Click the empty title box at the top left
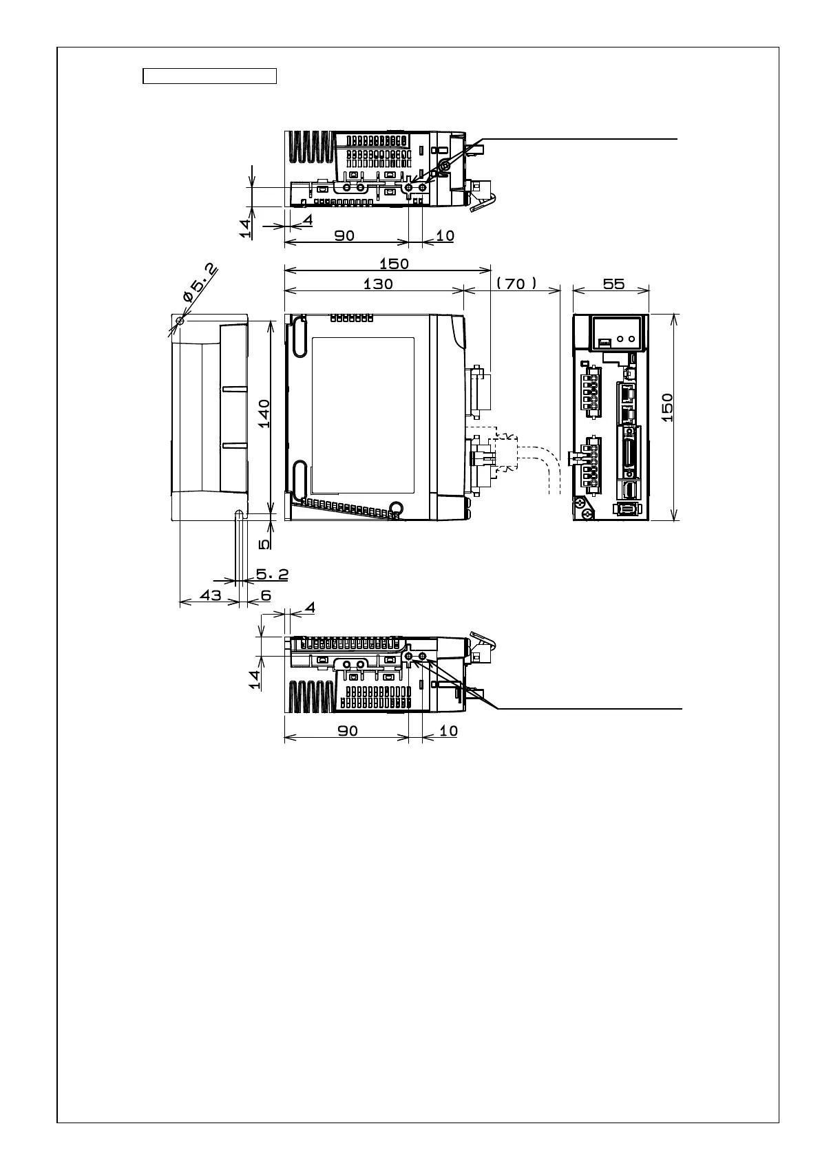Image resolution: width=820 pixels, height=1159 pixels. (209, 76)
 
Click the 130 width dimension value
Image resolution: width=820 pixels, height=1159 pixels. (378, 284)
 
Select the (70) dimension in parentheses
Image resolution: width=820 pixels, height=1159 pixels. (516, 284)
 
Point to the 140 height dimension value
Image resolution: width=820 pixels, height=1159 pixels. (264, 414)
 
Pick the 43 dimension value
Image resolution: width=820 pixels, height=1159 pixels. (210, 595)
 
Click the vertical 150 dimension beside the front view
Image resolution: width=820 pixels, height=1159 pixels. (666, 408)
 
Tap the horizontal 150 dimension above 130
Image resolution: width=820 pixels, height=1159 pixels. (394, 264)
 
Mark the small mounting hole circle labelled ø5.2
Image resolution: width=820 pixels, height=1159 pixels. (180, 321)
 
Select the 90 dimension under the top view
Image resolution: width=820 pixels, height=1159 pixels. (344, 235)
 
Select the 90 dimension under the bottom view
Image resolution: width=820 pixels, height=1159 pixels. (348, 731)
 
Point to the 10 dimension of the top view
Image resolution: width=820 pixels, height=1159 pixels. (445, 235)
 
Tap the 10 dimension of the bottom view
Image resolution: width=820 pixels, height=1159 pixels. (448, 731)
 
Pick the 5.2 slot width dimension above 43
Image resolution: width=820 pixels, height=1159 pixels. (272, 573)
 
